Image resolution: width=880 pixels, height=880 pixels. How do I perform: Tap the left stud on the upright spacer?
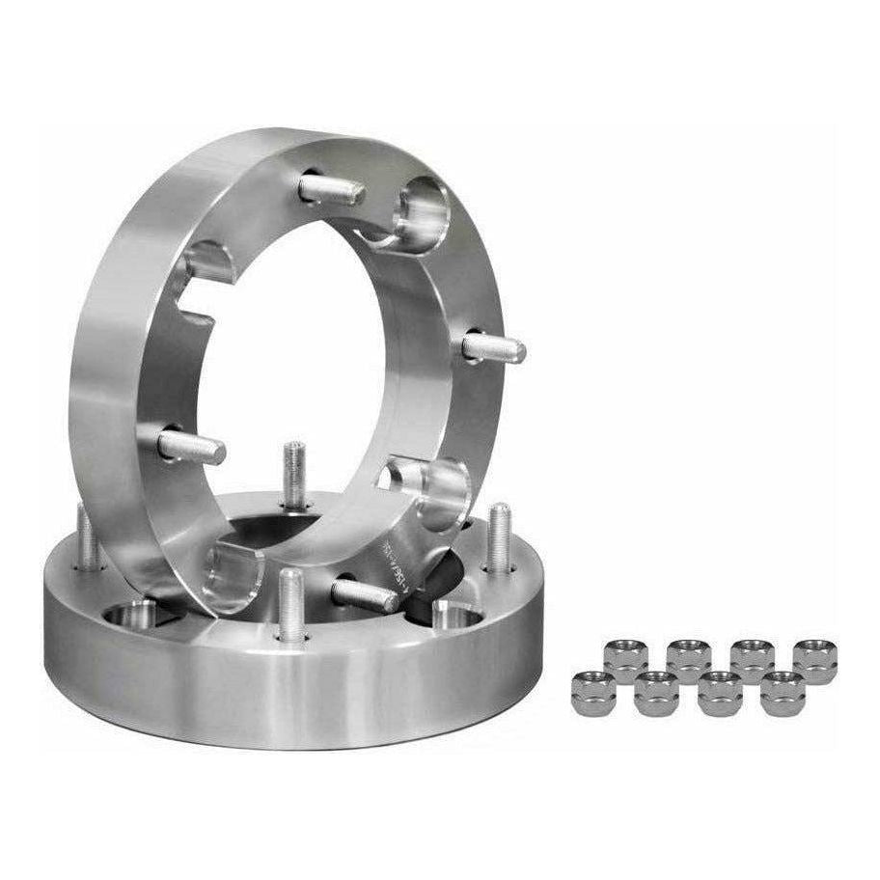pos(191,446)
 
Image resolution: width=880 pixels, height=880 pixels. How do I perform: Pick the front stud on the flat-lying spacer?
pos(291,603)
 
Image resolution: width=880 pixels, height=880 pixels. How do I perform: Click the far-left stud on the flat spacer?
pos(86,536)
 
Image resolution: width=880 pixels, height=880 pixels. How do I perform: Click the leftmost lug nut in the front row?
pos(590,692)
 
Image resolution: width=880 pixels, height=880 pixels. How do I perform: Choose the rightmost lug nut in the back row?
pos(813,658)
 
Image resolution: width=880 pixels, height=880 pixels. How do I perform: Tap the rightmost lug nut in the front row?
pos(782,692)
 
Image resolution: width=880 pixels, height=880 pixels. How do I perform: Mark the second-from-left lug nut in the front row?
pos(656,692)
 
